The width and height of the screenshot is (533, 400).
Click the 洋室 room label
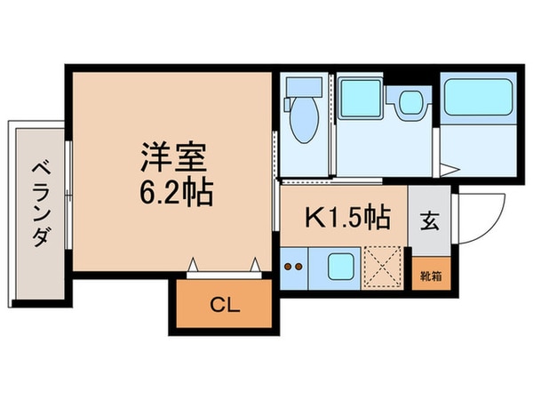[x=173, y=157]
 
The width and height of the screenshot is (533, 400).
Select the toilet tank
[x=303, y=90]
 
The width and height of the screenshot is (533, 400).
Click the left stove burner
[x=288, y=265]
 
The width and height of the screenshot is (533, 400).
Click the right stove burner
[x=299, y=265]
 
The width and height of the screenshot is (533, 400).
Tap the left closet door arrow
[x=192, y=263]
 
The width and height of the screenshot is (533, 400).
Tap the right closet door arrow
[x=256, y=263]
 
